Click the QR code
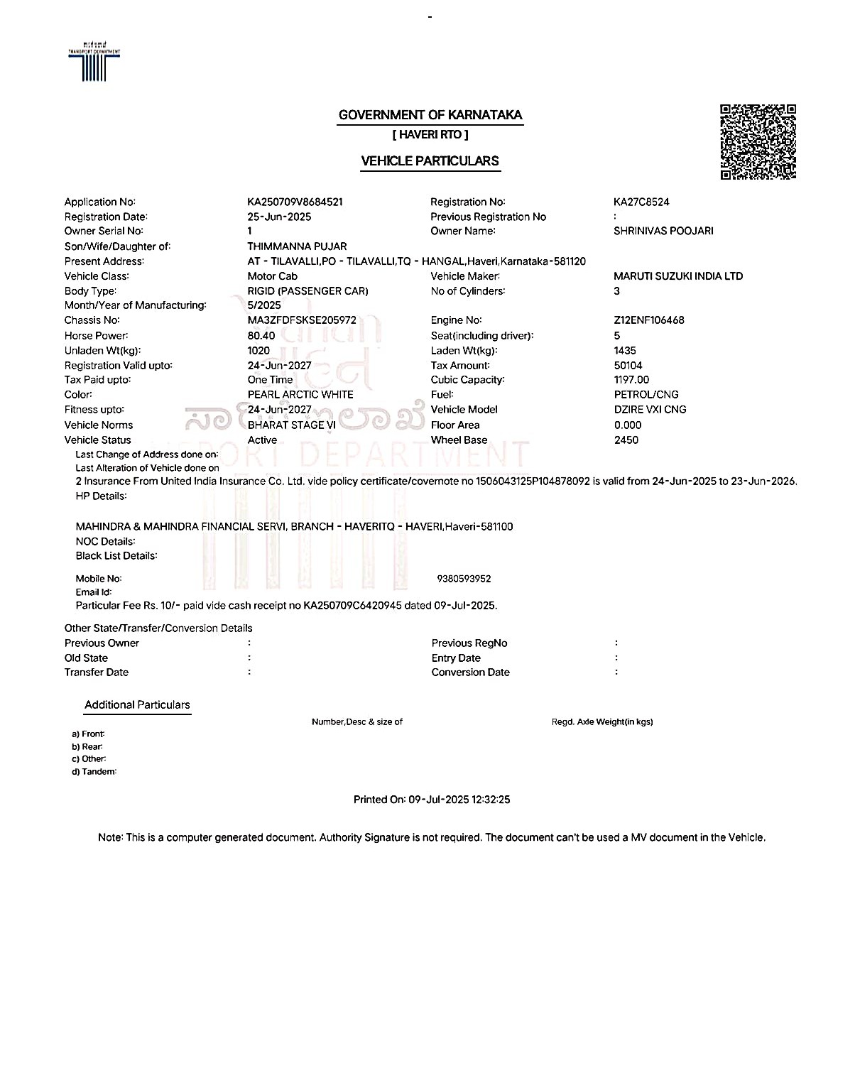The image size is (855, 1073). pos(758,142)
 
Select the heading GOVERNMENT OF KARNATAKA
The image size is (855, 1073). pos(430,115)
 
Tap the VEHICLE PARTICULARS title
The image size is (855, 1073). pos(430,161)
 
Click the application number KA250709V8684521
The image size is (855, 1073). pos(295,202)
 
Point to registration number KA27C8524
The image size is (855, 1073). pos(641,202)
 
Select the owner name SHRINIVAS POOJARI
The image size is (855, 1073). pos(663,231)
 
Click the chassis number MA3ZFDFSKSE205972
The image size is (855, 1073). pos(302,320)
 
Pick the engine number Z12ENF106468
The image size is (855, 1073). pos(649,320)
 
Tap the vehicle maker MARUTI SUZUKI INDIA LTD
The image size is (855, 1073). pos(678,276)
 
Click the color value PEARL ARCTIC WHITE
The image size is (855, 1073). pos(300,395)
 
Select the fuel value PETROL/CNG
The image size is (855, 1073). pos(646,395)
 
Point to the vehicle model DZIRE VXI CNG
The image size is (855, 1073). pos(650,410)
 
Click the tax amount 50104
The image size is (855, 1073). pos(628,366)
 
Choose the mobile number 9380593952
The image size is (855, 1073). pos(464,579)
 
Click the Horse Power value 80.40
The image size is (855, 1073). pos(261,336)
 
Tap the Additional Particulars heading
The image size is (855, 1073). pos(137,705)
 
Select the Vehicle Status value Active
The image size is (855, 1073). pos(262,440)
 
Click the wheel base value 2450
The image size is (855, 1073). pos(626,440)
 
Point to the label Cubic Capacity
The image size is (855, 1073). pos(467,380)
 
